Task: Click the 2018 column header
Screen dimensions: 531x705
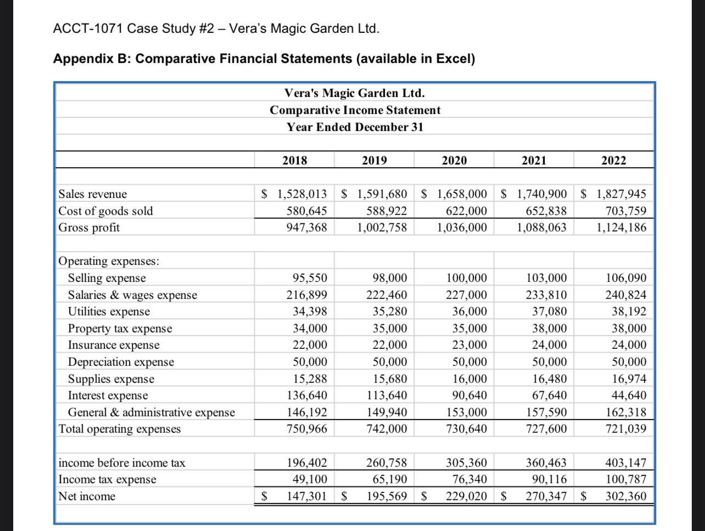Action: click(294, 160)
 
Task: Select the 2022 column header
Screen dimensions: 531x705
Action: click(614, 160)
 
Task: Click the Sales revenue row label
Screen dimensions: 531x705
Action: click(92, 194)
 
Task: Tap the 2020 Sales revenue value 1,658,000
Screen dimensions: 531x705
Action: click(462, 194)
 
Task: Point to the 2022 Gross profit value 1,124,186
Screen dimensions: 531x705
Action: click(621, 227)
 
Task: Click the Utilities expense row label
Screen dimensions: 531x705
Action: click(109, 312)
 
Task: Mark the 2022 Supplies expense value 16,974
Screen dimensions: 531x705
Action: click(625, 379)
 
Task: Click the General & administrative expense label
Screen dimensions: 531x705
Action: click(151, 413)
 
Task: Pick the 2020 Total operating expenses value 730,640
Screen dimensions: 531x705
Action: click(466, 429)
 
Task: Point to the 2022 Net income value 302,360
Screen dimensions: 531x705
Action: click(625, 496)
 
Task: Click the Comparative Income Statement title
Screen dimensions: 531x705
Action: click(355, 110)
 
